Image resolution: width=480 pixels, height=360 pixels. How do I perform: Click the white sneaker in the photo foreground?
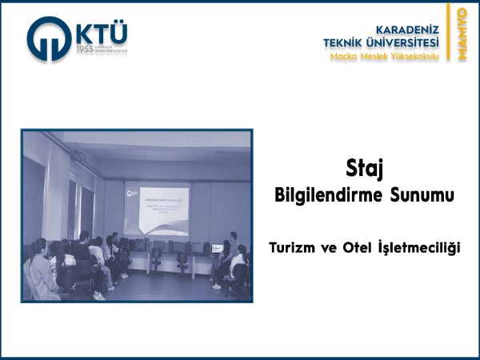(x=98, y=294)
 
